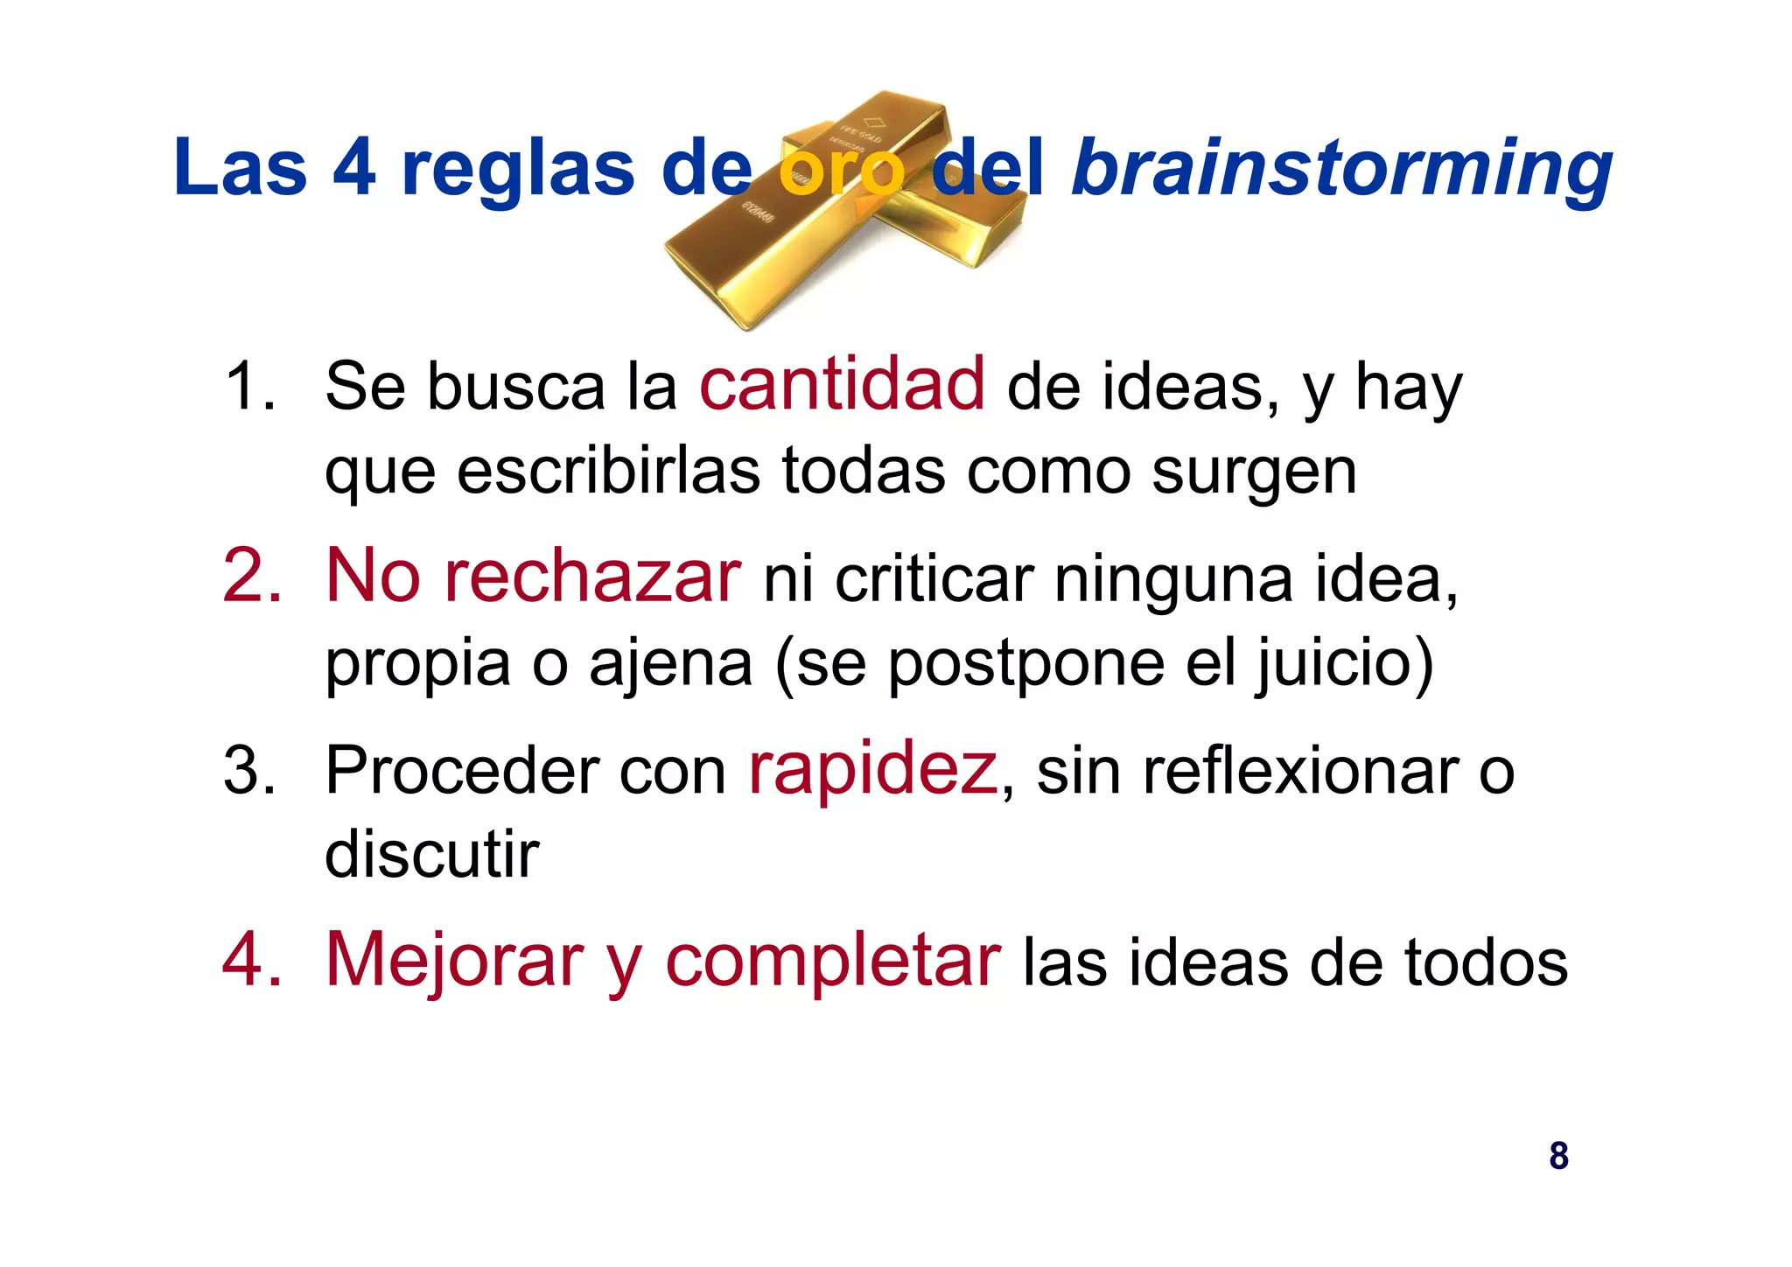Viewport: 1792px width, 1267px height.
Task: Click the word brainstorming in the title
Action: [1341, 168]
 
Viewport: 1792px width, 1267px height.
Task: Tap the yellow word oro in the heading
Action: [841, 170]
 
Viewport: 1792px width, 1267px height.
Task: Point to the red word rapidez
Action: [872, 769]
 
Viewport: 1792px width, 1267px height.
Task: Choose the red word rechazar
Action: [592, 577]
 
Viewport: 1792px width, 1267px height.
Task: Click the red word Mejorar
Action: [454, 961]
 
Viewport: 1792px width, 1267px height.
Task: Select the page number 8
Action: [1558, 1156]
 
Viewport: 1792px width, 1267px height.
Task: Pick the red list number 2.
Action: [252, 577]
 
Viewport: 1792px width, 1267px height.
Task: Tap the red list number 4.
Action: [252, 961]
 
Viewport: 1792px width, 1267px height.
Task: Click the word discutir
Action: [431, 854]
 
